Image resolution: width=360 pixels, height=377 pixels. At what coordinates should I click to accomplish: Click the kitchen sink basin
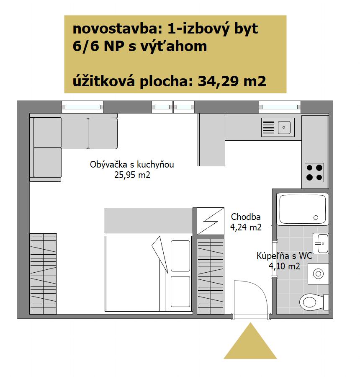284,127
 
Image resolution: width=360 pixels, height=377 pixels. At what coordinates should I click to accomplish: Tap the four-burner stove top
314,173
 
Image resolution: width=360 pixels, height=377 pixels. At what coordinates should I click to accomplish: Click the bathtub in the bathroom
302,209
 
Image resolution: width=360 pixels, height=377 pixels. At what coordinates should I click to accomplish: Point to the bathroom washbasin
321,243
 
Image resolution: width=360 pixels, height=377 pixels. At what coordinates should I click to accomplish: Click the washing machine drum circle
319,274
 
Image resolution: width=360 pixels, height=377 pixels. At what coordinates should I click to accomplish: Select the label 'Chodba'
246,217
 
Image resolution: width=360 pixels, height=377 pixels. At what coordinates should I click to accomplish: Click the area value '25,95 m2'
132,175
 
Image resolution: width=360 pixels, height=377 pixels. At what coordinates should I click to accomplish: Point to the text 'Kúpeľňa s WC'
284,256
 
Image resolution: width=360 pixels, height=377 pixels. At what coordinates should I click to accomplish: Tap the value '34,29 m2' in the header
232,81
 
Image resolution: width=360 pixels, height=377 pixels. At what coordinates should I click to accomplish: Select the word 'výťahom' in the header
173,46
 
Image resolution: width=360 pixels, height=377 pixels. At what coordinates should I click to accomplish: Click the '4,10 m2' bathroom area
284,266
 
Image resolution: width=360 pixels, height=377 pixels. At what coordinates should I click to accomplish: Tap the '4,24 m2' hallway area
246,227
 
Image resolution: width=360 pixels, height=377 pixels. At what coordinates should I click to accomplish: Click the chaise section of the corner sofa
48,163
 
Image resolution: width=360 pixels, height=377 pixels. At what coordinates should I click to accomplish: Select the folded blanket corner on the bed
159,254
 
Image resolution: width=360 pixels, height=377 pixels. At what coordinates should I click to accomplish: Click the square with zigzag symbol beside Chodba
211,221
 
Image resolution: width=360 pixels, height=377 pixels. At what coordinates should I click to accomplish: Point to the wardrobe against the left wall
43,274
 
